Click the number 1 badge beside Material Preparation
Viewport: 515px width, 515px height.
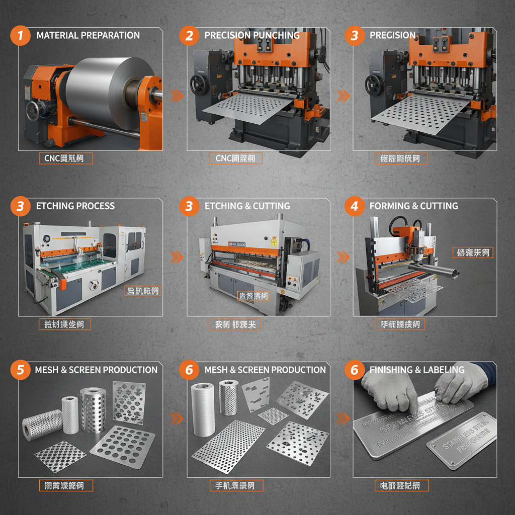[21, 35]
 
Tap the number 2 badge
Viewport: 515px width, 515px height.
[189, 35]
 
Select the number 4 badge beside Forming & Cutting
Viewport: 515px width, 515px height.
[355, 206]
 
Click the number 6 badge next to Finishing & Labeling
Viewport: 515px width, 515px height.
[355, 370]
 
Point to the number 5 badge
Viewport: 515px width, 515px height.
[21, 370]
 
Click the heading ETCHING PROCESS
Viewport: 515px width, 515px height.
[75, 206]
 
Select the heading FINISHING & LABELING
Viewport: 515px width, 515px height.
[417, 370]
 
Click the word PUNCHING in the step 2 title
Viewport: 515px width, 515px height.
[276, 35]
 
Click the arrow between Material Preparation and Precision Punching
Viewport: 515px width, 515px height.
[177, 95]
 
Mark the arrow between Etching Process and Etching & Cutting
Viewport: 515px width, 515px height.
[177, 257]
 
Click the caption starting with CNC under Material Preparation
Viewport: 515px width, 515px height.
[65, 159]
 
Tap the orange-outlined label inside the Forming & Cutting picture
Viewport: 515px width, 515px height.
[472, 252]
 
